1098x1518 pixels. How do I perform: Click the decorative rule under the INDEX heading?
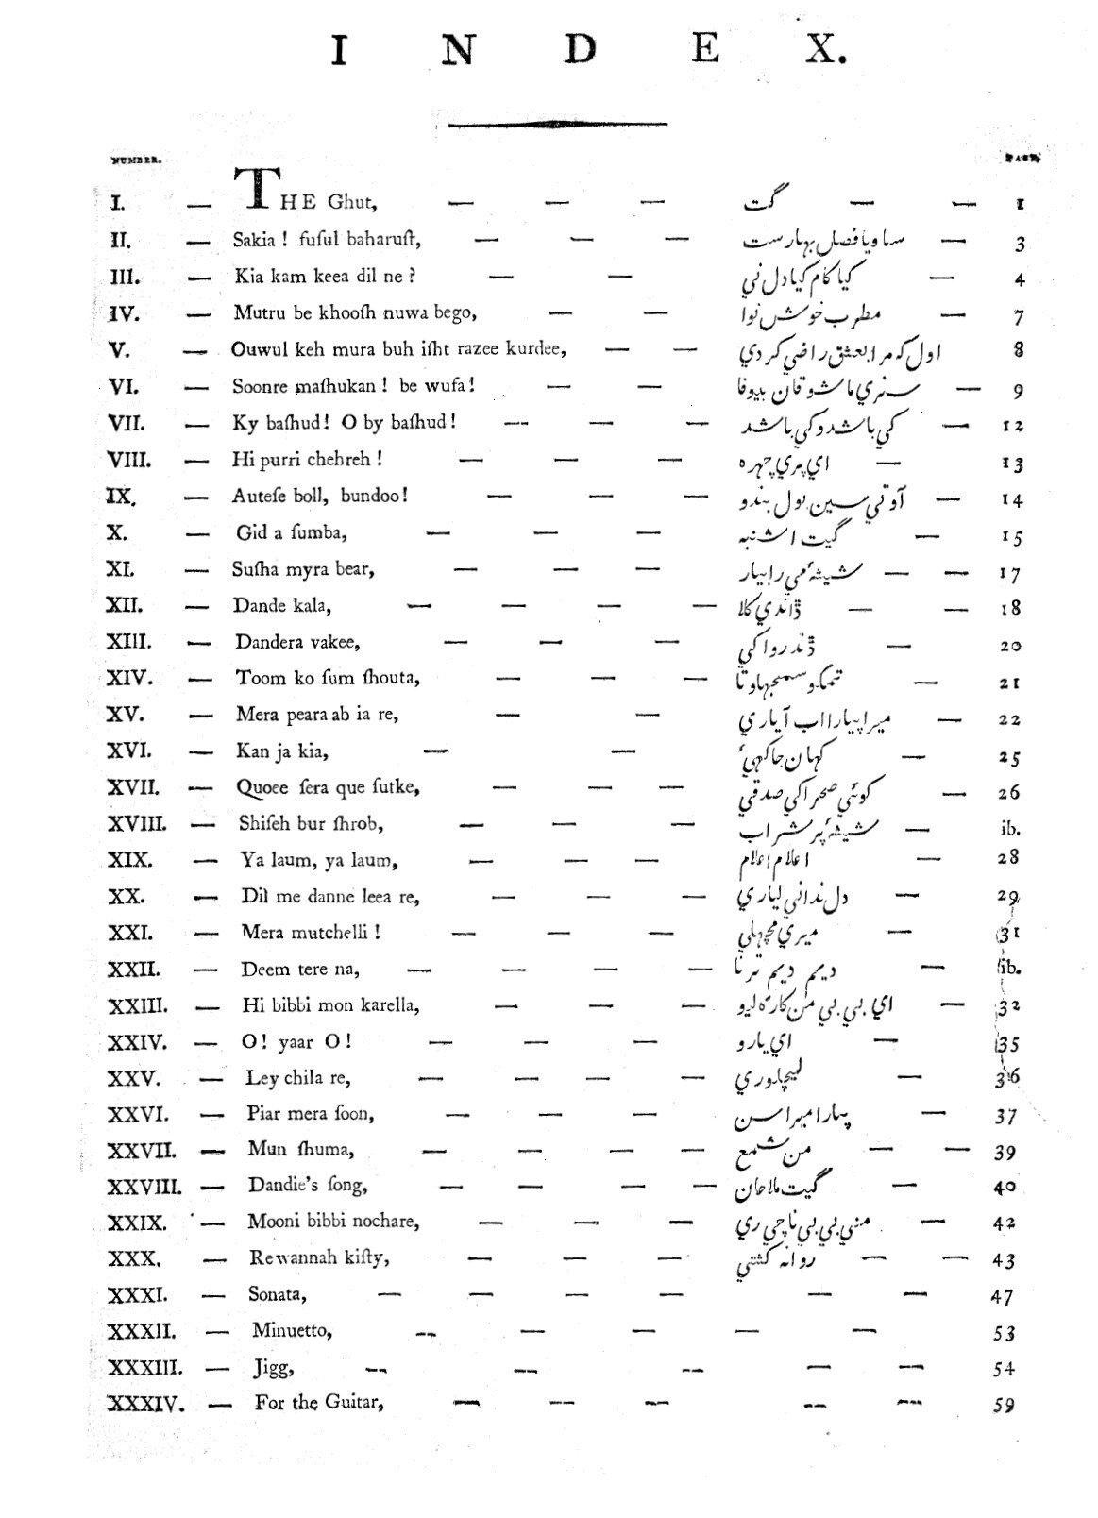pos(558,123)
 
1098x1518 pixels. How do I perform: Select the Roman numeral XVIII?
pos(138,823)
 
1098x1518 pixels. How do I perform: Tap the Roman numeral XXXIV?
pos(146,1404)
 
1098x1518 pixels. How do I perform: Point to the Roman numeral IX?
pos(122,497)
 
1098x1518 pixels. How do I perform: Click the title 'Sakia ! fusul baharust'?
pos(327,239)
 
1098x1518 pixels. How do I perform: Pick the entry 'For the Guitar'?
pos(319,1403)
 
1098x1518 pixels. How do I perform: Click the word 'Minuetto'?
pos(293,1331)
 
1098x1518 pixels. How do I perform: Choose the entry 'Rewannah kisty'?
pos(320,1257)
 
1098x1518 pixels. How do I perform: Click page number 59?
pos(1004,1405)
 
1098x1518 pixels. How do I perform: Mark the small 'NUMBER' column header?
pos(137,160)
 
